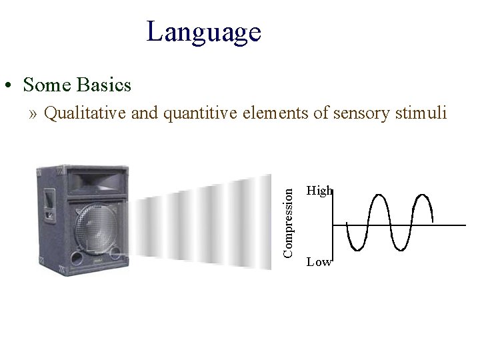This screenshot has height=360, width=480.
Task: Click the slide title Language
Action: [203, 31]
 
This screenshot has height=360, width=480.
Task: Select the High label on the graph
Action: [318, 191]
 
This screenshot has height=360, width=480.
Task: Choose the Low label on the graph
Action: [318, 262]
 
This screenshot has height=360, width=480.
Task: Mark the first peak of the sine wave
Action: [379, 195]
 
